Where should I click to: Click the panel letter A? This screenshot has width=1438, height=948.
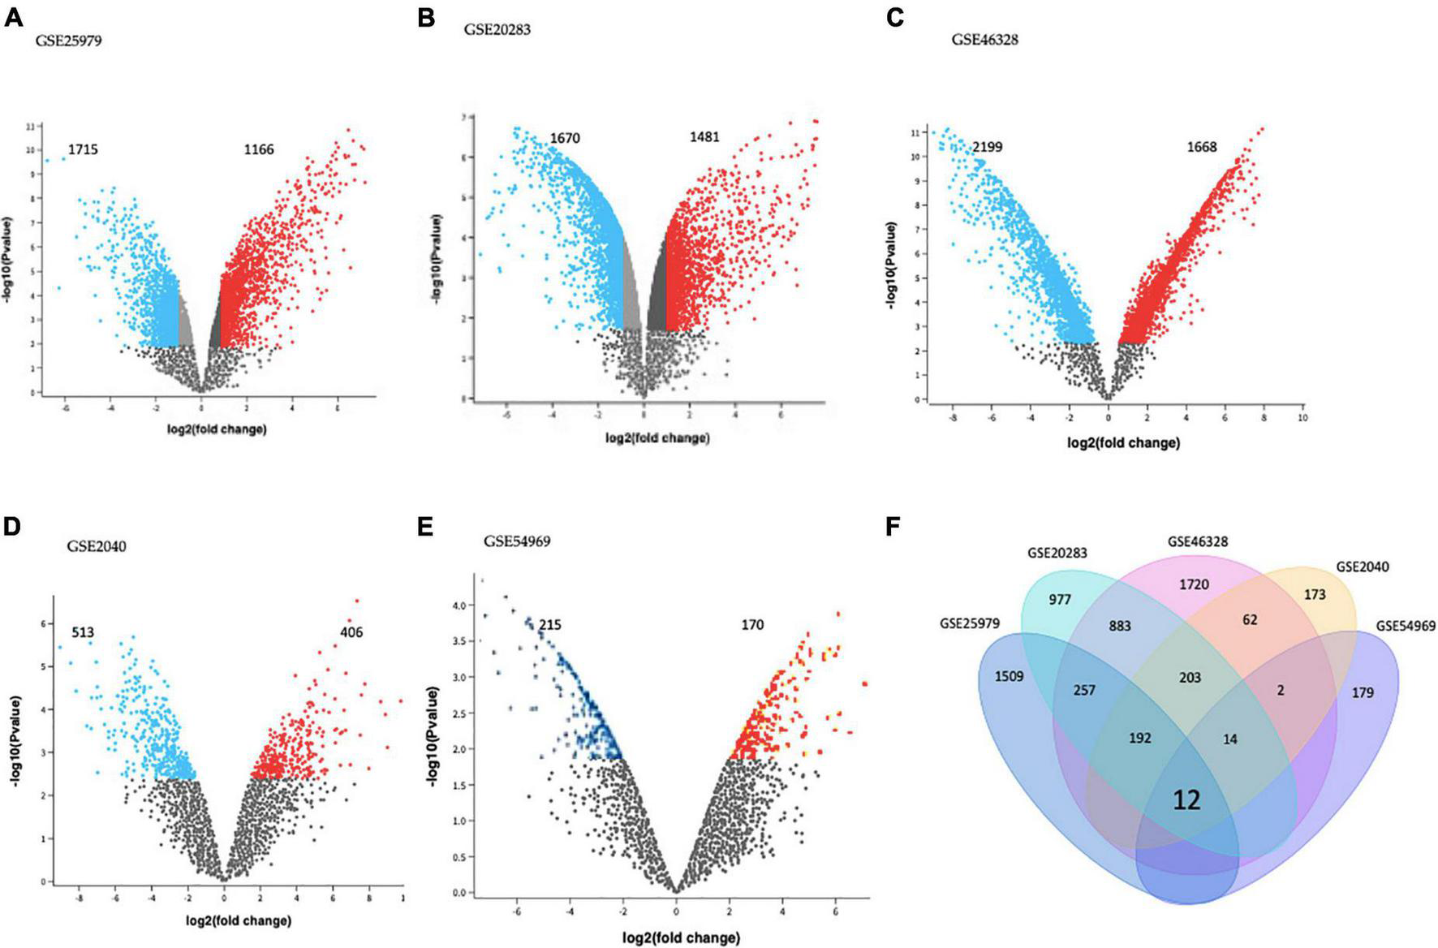[x=14, y=18]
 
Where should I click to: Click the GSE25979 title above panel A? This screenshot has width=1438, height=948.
[x=68, y=41]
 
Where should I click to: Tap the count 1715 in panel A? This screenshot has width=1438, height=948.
[x=83, y=149]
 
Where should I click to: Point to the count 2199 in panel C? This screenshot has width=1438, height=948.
[x=987, y=147]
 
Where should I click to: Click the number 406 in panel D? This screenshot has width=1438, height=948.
[x=351, y=631]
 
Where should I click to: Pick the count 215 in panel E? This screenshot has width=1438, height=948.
[x=549, y=625]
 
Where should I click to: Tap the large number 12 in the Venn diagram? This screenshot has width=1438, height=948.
[x=1186, y=800]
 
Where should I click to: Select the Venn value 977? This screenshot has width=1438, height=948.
[x=1060, y=600]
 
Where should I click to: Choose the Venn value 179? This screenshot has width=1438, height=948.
[x=1363, y=692]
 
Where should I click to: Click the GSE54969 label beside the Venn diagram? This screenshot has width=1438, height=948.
[x=1406, y=626]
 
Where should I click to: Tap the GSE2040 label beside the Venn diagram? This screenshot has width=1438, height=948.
[x=1362, y=567]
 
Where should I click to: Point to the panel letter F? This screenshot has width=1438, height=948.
[x=893, y=527]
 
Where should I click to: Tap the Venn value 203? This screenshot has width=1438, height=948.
[x=1190, y=678]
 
